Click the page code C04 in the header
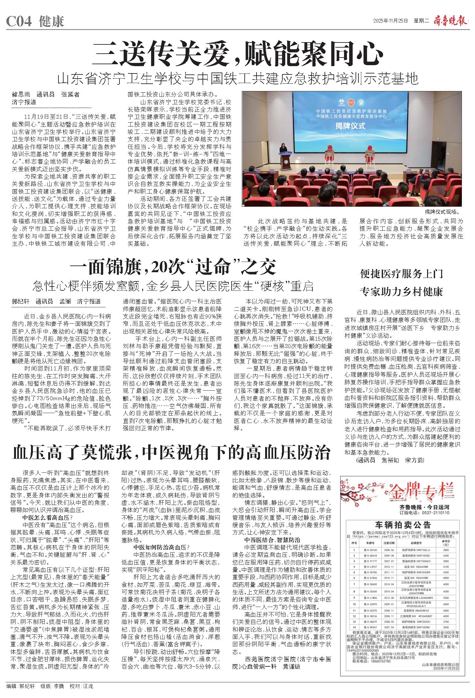(19, 22)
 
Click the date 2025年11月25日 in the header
(391, 21)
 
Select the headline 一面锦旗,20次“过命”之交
(173, 268)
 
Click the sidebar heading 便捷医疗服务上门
(401, 274)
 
